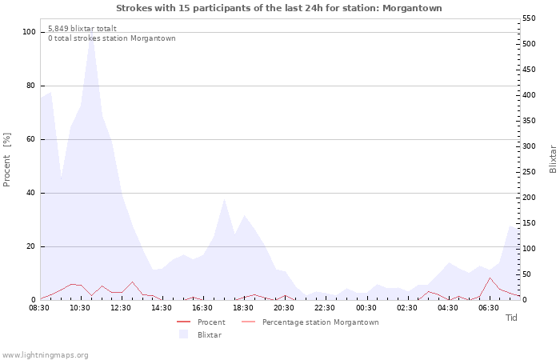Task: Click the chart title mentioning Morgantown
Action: pyautogui.click(x=279, y=8)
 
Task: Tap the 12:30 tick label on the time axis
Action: pyautogui.click(x=121, y=308)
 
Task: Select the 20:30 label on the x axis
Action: pyautogui.click(x=284, y=308)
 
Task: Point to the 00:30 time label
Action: pyautogui.click(x=366, y=308)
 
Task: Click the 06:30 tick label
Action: pyautogui.click(x=489, y=308)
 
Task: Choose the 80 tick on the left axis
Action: pyautogui.click(x=30, y=86)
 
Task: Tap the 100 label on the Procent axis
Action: pyautogui.click(x=29, y=32)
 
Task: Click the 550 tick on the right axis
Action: pyautogui.click(x=529, y=18)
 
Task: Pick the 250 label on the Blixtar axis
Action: pyautogui.click(x=529, y=172)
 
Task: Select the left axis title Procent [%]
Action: pyautogui.click(x=6, y=159)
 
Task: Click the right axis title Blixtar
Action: pyautogui.click(x=553, y=159)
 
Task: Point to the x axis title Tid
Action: pyautogui.click(x=511, y=318)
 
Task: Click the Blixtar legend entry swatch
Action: pyautogui.click(x=183, y=334)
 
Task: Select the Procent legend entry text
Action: pyautogui.click(x=211, y=322)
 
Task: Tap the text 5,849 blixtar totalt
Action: pyautogui.click(x=82, y=29)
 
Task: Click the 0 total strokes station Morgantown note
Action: pyautogui.click(x=112, y=38)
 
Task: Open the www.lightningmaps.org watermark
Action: pyautogui.click(x=45, y=355)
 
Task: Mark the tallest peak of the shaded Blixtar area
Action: pyautogui.click(x=91, y=30)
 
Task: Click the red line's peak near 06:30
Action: pyautogui.click(x=490, y=278)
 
